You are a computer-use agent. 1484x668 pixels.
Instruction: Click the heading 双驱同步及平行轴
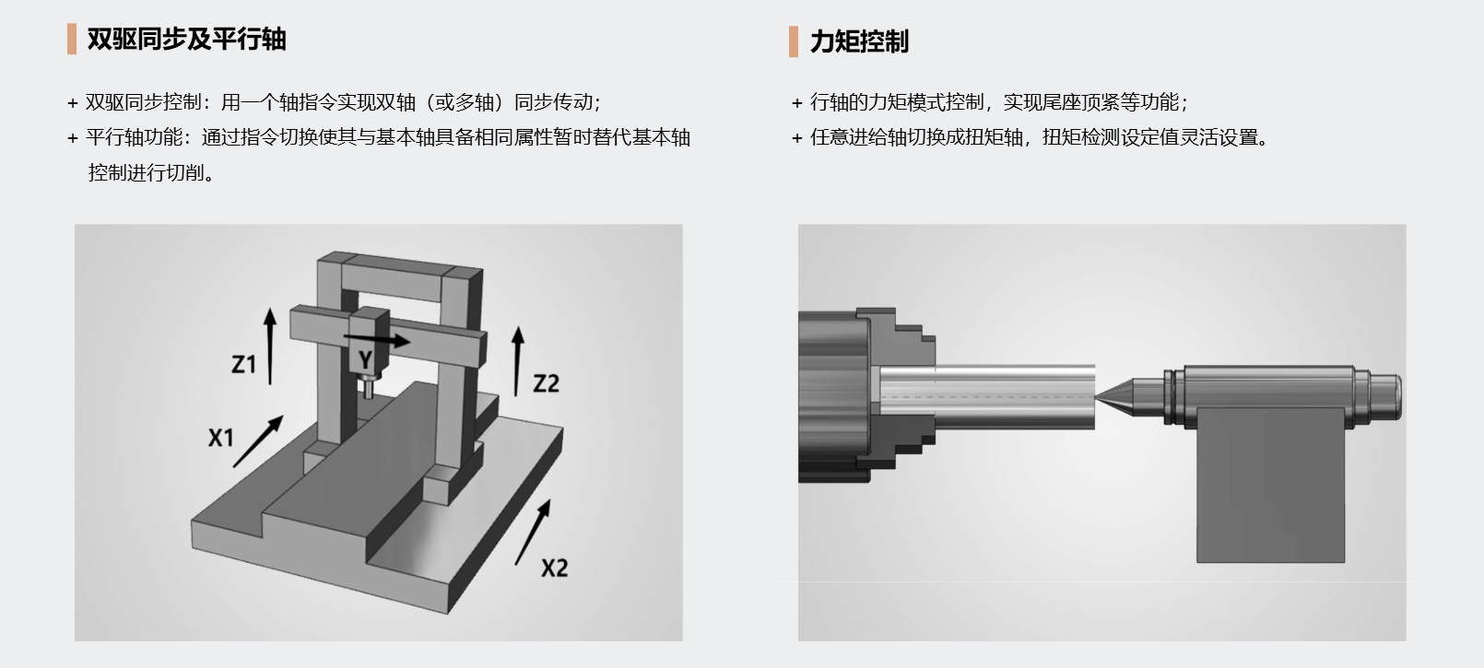point(187,39)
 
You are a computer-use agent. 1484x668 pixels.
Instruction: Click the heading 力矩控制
point(859,41)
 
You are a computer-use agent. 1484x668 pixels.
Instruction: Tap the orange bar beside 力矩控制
point(793,41)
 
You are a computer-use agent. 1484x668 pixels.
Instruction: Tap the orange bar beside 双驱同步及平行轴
point(72,39)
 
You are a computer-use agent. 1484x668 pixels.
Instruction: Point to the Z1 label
point(243,364)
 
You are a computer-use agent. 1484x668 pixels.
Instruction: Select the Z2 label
point(546,383)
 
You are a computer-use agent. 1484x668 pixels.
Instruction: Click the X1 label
point(220,438)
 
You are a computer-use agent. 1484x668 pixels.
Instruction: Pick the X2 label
point(555,568)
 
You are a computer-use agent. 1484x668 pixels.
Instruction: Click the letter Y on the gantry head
point(365,360)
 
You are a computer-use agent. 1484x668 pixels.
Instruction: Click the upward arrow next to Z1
point(270,346)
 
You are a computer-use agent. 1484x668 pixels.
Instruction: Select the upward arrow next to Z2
point(517,361)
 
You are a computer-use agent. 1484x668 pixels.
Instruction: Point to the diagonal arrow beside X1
point(258,441)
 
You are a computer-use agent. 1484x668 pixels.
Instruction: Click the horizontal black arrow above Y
point(377,340)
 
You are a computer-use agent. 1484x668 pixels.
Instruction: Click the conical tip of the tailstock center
point(1113,397)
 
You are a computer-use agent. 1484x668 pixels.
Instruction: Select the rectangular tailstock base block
point(1271,486)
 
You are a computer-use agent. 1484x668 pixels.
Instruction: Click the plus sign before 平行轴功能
point(73,138)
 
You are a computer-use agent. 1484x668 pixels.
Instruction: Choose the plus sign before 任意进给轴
point(797,138)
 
